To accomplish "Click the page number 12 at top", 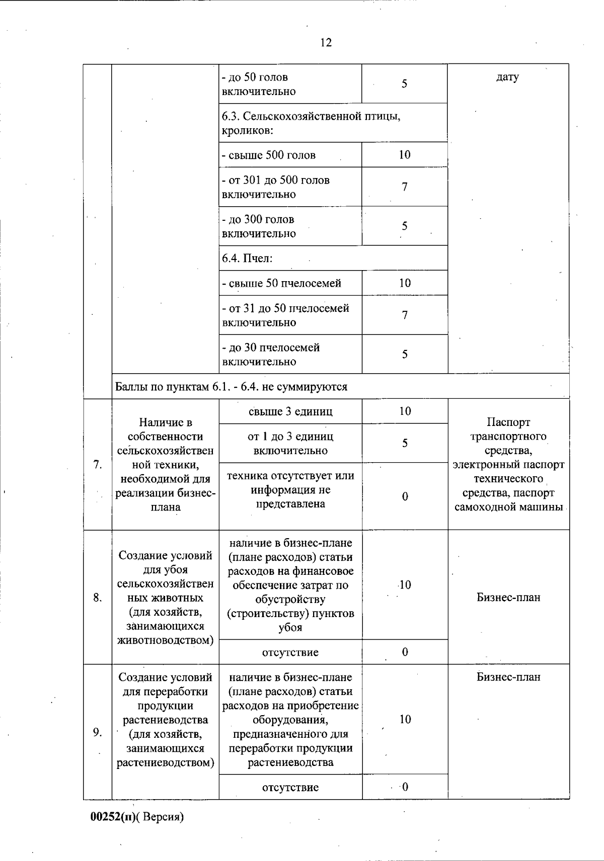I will pos(326,43).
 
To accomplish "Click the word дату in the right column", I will pos(507,77).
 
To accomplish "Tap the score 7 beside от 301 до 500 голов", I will pos(405,187).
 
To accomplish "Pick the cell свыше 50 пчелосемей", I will pos(281,283).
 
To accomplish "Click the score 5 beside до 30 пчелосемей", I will pos(405,355).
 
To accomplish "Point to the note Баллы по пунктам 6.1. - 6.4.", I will pos(231,387).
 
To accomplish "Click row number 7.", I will pos(98,465).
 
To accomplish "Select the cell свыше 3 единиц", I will pos(290,411).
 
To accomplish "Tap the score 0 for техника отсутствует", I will pos(405,497).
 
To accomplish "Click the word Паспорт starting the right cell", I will pos(508,422).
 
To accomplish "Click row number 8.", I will pos(98,598).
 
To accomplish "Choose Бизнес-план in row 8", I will pos(508,597).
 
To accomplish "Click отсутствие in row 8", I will pos(290,652).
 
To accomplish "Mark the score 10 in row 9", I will pos(405,720).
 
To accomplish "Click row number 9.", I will pos(98,732).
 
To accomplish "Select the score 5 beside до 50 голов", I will pos(405,84).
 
